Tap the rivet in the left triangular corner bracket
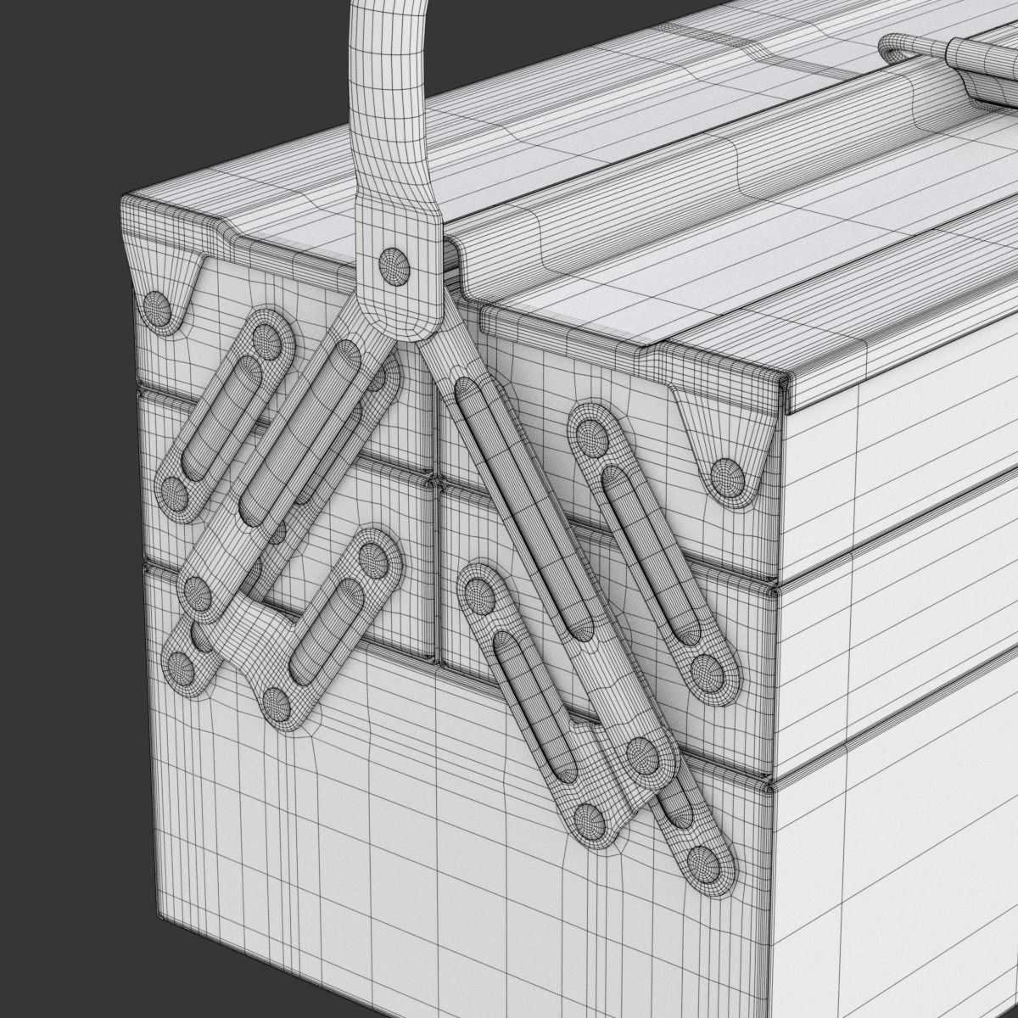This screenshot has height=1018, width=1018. tap(158, 306)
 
